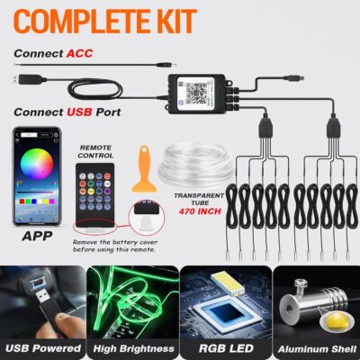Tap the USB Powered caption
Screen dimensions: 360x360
click(x=44, y=346)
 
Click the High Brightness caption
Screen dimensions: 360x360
click(x=134, y=346)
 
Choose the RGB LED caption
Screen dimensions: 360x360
click(x=224, y=346)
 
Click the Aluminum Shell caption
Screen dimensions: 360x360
click(x=314, y=346)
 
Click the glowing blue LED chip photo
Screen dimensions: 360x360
click(x=224, y=301)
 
